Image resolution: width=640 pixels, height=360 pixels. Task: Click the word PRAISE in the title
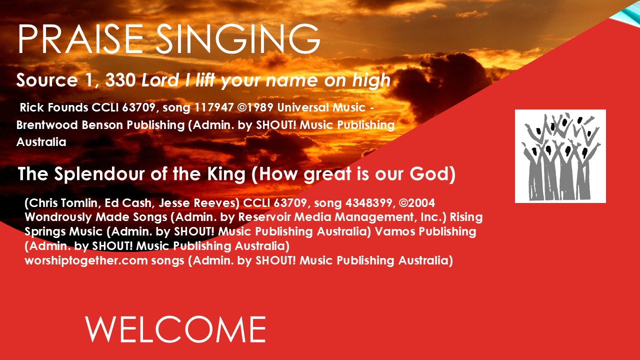click(80, 39)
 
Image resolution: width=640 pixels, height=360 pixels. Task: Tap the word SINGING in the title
click(237, 39)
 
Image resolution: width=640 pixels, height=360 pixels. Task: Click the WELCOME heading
click(175, 329)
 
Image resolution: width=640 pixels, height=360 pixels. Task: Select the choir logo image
click(560, 156)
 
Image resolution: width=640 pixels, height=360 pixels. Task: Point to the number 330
click(120, 80)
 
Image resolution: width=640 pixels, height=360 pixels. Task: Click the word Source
click(47, 80)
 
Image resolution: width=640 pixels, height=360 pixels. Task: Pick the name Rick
click(31, 107)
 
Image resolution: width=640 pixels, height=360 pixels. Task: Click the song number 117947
click(214, 107)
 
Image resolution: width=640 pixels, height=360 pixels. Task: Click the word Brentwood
click(47, 125)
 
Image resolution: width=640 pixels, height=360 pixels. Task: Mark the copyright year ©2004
click(417, 203)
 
